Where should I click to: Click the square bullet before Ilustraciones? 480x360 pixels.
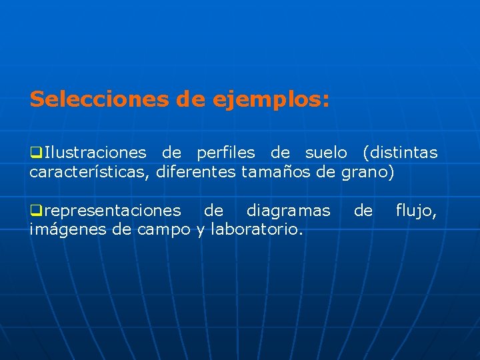[35, 153]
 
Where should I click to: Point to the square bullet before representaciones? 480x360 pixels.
[35, 211]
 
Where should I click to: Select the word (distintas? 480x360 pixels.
[400, 153]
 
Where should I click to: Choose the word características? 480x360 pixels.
[91, 173]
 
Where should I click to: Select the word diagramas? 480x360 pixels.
[288, 211]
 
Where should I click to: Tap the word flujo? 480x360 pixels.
[416, 211]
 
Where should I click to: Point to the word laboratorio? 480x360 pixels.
[257, 231]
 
